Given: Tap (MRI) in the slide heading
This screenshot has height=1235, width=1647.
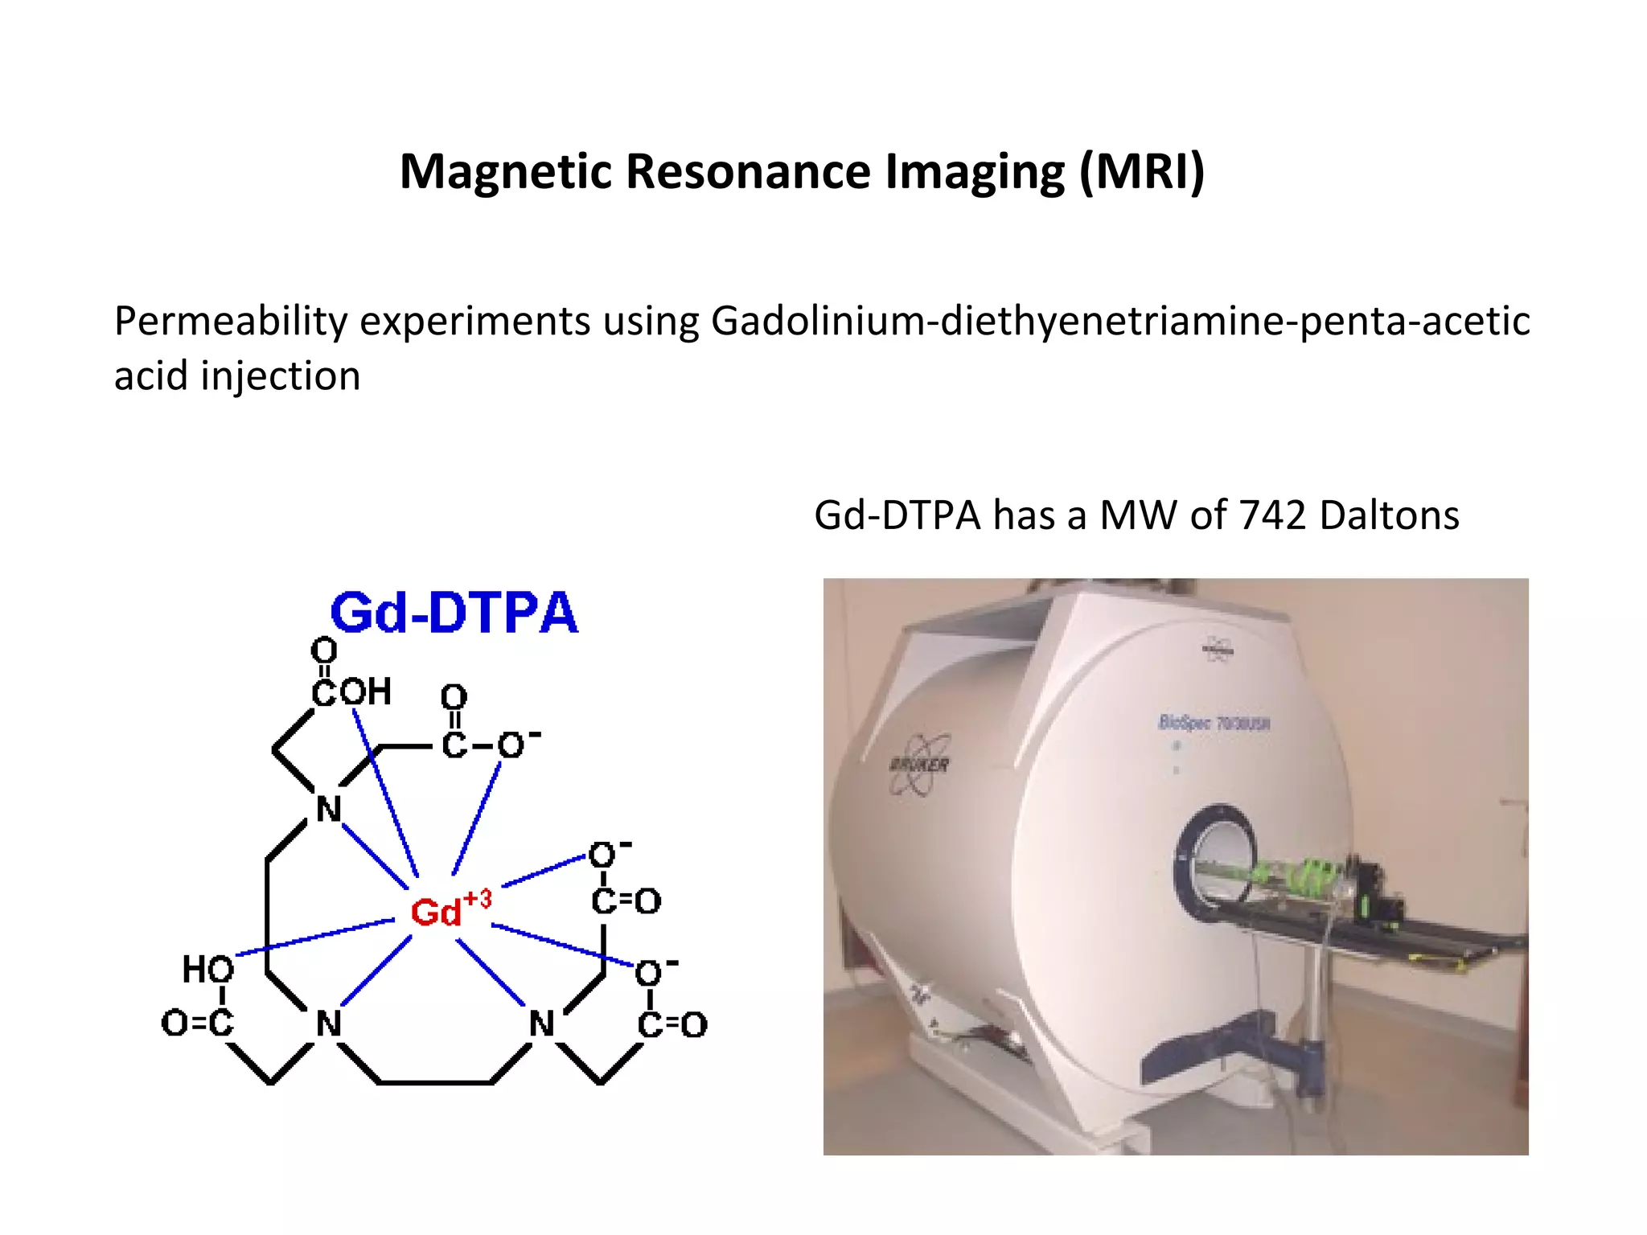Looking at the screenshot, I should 1141,172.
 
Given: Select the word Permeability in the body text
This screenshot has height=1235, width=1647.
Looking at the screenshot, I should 230,322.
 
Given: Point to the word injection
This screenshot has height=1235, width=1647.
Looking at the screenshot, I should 280,376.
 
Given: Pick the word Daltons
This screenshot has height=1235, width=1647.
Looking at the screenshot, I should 1389,515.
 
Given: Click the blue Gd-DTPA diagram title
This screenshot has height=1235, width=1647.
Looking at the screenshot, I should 454,613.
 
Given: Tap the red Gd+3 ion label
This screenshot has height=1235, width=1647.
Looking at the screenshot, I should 449,910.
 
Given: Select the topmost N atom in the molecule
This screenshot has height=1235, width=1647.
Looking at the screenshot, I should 328,809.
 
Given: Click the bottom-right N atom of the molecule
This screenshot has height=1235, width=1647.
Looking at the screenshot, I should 541,1024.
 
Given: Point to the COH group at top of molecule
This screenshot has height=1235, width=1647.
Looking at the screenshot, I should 351,691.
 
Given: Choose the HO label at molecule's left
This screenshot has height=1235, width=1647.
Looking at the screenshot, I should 207,969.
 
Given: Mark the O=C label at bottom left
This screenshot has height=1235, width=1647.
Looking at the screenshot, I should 197,1023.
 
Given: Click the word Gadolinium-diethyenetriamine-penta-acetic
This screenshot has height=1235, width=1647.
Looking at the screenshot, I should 1119,322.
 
